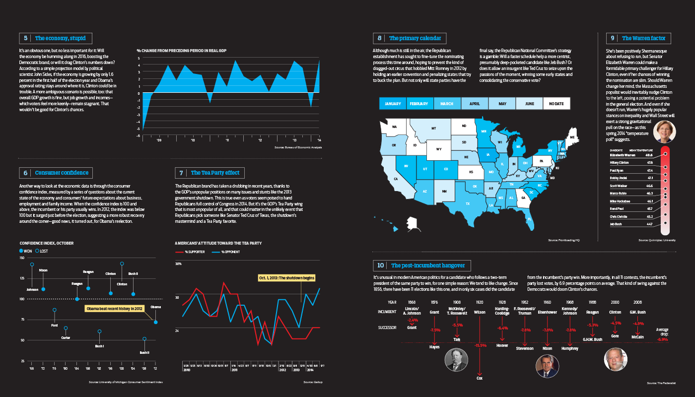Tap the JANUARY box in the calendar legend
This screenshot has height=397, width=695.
pyautogui.click(x=392, y=103)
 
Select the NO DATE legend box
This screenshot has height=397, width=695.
pyautogui.click(x=556, y=103)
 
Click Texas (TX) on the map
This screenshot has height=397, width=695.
pyautogui.click(x=467, y=203)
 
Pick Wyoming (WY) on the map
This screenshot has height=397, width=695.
pyautogui.click(x=438, y=149)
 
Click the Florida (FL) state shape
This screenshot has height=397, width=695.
pyautogui.click(x=530, y=219)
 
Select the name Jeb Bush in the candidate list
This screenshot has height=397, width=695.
pyautogui.click(x=617, y=224)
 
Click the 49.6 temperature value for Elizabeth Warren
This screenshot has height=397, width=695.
pyautogui.click(x=650, y=154)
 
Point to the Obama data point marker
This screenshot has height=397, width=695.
pyautogui.click(x=155, y=323)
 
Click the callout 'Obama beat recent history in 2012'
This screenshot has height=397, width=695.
pyautogui.click(x=114, y=309)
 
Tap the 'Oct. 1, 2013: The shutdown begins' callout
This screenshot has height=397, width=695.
pyautogui.click(x=287, y=278)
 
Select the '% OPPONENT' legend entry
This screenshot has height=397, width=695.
pyautogui.click(x=227, y=252)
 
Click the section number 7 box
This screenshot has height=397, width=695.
pyautogui.click(x=181, y=173)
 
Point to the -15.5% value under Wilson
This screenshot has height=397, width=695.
pyautogui.click(x=480, y=345)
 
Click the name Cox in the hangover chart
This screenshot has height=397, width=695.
pyautogui.click(x=480, y=378)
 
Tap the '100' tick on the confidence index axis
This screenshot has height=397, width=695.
pyautogui.click(x=22, y=299)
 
